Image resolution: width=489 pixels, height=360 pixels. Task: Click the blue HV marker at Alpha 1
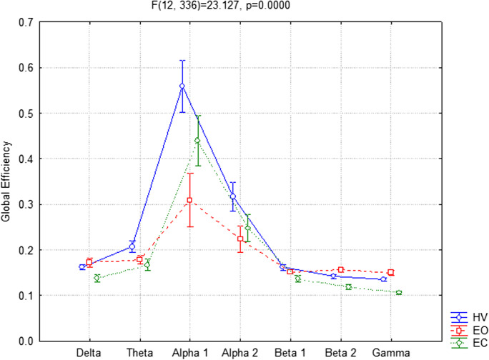click(182, 86)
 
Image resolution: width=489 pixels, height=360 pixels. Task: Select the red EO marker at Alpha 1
click(189, 200)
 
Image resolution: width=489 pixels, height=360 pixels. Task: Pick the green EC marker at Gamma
click(398, 293)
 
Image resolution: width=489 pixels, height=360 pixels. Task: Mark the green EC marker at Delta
click(97, 278)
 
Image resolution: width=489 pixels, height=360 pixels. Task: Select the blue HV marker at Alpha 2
click(232, 196)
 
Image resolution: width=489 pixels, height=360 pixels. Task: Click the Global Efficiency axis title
click(9, 181)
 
